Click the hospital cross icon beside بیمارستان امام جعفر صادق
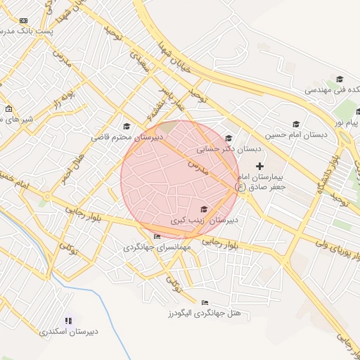pos(260,166)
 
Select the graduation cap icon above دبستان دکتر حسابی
pos(228,139)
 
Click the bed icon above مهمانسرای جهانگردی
pos(156,236)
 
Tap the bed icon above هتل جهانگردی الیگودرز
pos(205,302)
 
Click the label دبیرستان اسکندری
pos(68,330)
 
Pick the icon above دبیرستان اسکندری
pos(68,320)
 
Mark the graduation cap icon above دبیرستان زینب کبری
pos(204,209)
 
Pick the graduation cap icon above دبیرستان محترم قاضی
pos(127,127)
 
